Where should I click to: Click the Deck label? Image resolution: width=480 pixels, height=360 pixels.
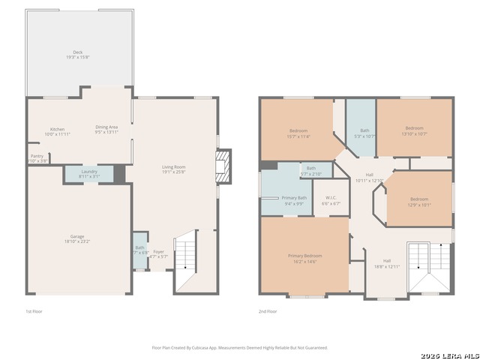[78, 55]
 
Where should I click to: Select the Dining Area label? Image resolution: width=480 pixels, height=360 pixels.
[106, 130]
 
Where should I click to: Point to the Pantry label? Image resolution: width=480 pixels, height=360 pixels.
[37, 158]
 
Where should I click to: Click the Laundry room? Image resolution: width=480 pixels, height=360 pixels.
[89, 174]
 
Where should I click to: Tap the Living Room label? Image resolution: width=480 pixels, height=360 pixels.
[173, 169]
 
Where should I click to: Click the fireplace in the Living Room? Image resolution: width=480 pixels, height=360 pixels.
[223, 167]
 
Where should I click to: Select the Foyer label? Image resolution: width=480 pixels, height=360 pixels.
[159, 254]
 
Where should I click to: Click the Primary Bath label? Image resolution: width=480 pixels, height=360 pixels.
[294, 200]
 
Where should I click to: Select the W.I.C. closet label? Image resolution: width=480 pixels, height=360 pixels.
[331, 201]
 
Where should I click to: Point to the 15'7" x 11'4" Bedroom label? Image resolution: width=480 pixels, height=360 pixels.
[298, 133]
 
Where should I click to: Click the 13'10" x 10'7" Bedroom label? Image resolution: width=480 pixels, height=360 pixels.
[415, 130]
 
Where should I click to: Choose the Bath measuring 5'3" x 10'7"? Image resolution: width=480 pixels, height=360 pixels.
[364, 133]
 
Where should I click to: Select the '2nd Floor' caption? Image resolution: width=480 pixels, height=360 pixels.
[268, 311]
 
